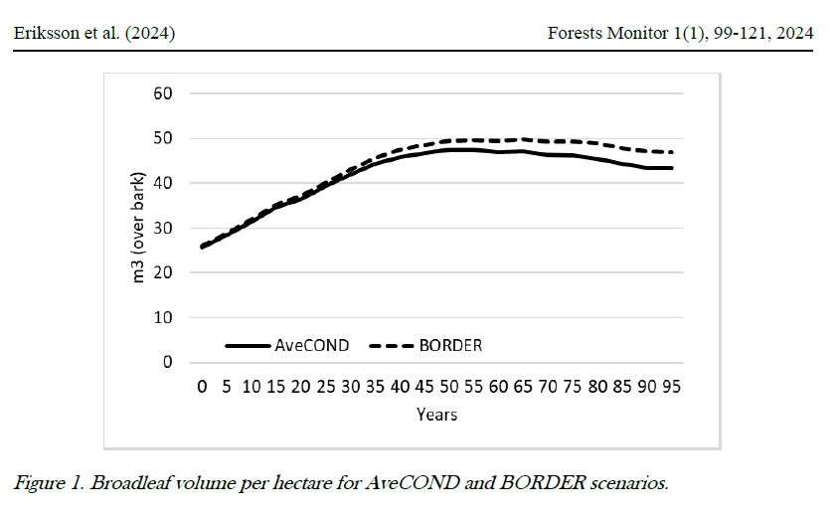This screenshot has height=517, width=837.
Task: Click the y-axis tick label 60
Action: point(163,93)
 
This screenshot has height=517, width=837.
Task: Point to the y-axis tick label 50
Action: point(163,138)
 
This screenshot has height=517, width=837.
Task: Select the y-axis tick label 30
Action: point(163,228)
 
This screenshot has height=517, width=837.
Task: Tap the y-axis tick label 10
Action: point(163,317)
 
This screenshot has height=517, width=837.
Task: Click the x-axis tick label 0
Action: point(203,389)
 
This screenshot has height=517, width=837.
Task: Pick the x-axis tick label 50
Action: point(449,389)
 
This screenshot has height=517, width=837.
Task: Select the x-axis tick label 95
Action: point(671,389)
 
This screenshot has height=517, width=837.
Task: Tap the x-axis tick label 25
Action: point(326,389)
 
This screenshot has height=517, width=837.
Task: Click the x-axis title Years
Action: point(436,414)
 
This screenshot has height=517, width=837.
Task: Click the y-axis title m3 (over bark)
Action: point(140,228)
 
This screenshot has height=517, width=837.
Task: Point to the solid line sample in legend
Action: point(249,345)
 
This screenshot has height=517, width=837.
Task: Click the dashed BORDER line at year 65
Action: point(523,139)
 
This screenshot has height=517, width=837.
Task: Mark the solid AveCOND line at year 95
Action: point(671,168)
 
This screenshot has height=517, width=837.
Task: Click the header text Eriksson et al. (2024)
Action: point(94,34)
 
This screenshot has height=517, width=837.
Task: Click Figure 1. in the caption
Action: point(50,484)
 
